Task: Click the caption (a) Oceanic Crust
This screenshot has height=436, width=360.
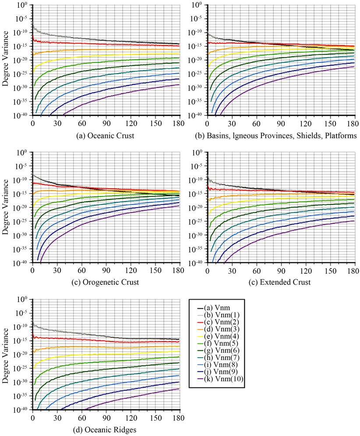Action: (x=105, y=136)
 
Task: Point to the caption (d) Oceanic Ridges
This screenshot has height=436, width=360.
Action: (x=105, y=430)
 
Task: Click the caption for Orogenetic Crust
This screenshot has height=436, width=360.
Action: (x=105, y=283)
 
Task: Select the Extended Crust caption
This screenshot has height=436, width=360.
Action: (x=281, y=283)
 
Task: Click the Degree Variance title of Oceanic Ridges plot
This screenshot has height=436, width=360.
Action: (x=6, y=355)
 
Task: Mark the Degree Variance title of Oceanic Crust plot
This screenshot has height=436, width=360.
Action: (x=6, y=61)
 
